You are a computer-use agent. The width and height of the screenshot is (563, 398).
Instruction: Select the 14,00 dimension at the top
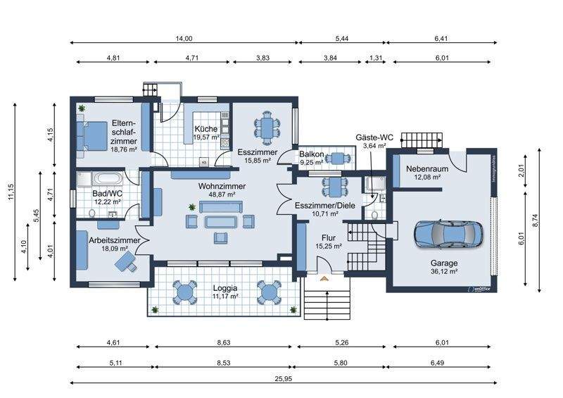coord(184,39)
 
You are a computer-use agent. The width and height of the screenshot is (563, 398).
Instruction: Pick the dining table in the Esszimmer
coord(267,127)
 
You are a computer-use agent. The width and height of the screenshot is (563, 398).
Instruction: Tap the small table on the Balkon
coord(339,158)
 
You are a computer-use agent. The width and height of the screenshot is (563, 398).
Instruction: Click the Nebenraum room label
coord(423,169)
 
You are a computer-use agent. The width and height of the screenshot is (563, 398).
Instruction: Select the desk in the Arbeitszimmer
coord(127,261)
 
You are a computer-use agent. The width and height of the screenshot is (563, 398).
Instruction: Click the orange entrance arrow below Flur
coord(324,279)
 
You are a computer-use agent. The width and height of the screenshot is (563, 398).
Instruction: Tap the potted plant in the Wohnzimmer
coord(191,206)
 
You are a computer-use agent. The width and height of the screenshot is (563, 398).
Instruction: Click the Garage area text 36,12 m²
coord(444,270)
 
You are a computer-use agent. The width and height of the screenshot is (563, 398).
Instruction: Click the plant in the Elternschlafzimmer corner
coord(82,108)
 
